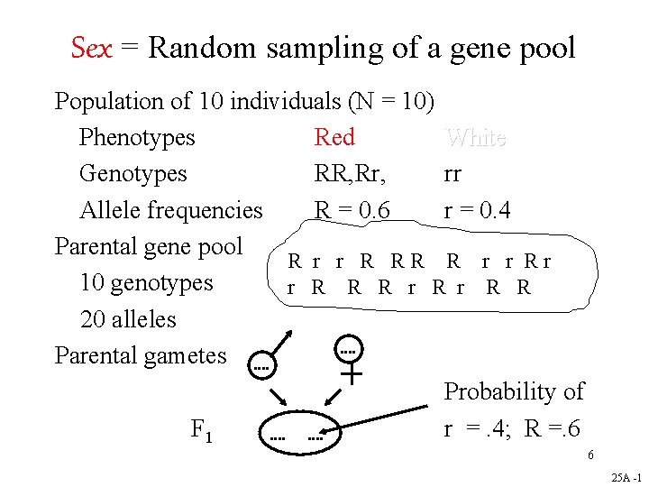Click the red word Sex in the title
(x=91, y=48)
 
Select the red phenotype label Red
(x=334, y=138)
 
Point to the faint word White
(x=476, y=138)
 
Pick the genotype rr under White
(x=452, y=174)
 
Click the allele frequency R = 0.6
(x=352, y=210)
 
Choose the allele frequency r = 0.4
(x=477, y=210)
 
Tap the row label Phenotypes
(x=137, y=138)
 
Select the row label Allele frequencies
(x=171, y=210)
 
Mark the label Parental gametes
(x=141, y=355)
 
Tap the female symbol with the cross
(x=350, y=356)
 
